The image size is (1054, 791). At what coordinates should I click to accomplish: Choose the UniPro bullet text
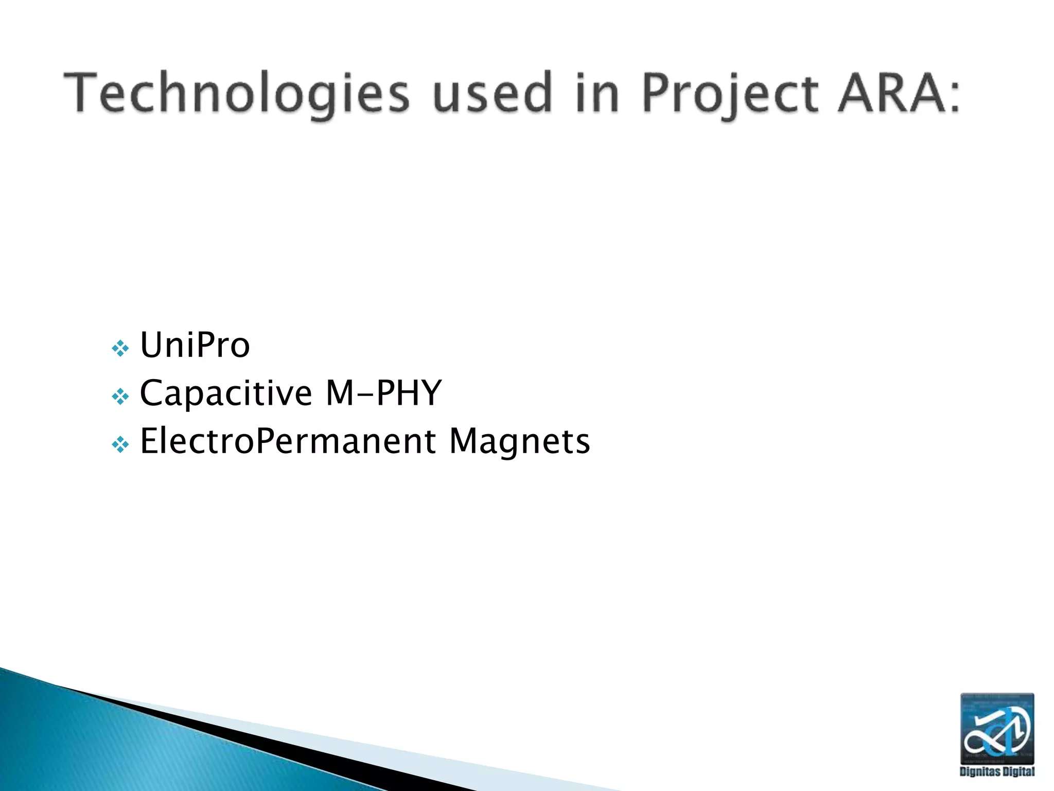(195, 345)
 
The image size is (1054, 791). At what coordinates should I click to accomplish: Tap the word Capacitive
(226, 393)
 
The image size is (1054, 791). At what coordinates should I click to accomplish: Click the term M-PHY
(383, 393)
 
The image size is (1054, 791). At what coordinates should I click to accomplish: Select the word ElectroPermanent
(288, 441)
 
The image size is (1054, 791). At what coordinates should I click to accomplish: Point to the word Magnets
(519, 441)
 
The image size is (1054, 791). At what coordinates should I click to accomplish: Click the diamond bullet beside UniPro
(120, 349)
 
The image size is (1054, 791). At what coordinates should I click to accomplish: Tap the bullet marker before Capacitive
(120, 397)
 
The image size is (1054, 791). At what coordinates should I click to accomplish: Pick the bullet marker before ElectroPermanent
(120, 444)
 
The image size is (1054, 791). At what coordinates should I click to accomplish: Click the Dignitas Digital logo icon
(997, 728)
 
